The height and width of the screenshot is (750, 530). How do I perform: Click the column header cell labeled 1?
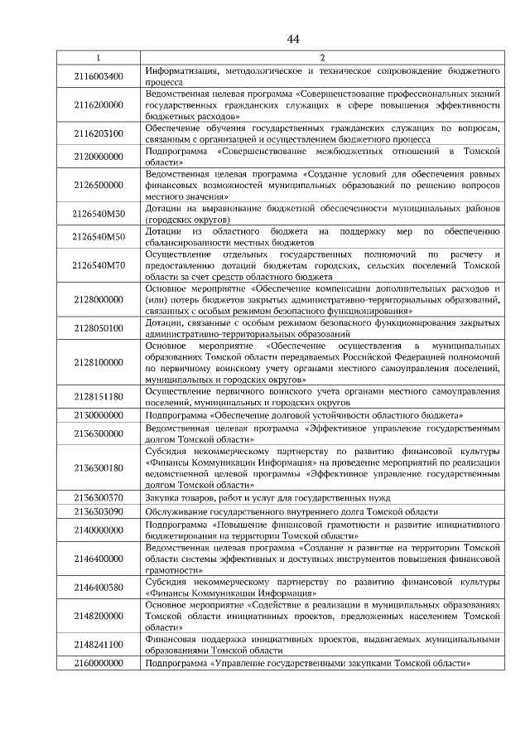(x=99, y=58)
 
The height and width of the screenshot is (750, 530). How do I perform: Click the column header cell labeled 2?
(x=322, y=58)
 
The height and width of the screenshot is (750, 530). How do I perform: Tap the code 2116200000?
(x=99, y=106)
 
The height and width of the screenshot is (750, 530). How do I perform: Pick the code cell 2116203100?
(x=99, y=133)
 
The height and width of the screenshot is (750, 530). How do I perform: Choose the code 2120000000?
(x=99, y=156)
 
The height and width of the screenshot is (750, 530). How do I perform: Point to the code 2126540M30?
(x=99, y=215)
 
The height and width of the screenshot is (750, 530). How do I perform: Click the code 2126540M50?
(x=99, y=236)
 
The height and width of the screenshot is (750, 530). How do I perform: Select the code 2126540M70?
(x=99, y=264)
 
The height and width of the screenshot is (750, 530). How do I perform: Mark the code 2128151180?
(x=99, y=397)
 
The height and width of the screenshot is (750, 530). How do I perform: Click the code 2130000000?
(x=99, y=414)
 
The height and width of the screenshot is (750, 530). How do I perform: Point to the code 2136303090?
(x=99, y=512)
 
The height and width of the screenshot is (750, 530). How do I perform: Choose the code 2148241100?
(x=99, y=644)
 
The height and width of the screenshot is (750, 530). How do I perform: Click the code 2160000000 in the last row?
(x=99, y=663)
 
